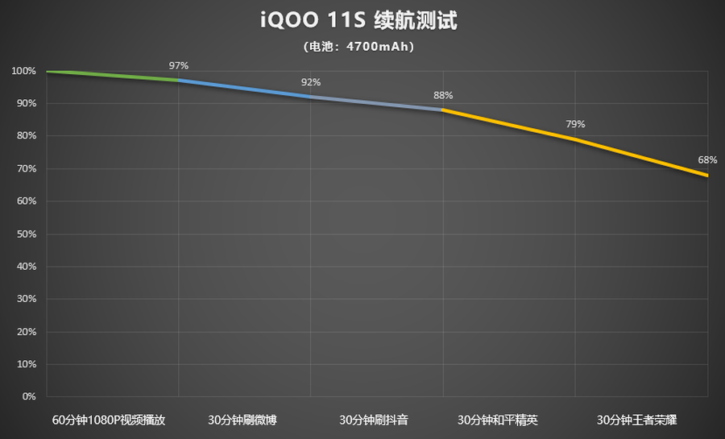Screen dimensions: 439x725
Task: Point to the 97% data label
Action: click(x=179, y=65)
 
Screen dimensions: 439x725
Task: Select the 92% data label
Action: click(x=311, y=82)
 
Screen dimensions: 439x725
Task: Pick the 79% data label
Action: click(x=575, y=124)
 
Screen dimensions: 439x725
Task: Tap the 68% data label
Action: click(x=707, y=159)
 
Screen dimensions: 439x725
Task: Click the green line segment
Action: click(x=113, y=76)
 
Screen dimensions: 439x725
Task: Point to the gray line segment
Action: click(x=376, y=103)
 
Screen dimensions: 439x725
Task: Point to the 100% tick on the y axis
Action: click(x=24, y=71)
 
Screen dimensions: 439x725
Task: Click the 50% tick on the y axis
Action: click(x=27, y=234)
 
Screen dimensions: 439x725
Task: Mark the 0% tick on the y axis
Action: click(x=29, y=396)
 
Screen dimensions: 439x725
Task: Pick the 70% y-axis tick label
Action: click(x=27, y=168)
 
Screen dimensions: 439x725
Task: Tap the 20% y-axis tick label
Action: click(x=27, y=331)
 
